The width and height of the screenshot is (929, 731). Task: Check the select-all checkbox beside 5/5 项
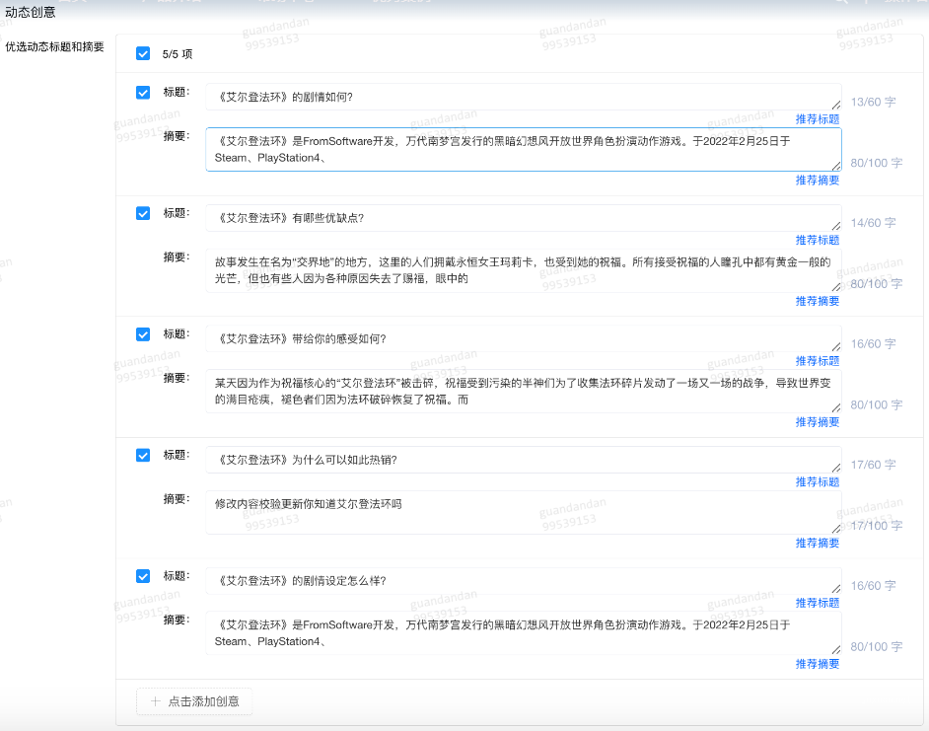(143, 53)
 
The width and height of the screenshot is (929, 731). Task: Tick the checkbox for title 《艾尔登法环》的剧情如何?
(143, 92)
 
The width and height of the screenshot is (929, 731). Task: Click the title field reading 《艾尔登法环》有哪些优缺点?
(523, 218)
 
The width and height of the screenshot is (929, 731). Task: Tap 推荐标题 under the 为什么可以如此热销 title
(818, 482)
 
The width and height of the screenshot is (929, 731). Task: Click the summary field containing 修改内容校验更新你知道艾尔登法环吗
(523, 512)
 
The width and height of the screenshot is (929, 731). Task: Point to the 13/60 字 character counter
(873, 102)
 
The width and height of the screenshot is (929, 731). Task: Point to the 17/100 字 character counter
(876, 526)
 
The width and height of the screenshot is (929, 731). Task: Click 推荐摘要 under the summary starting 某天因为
(818, 422)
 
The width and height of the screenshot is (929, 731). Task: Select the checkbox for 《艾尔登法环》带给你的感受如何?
(143, 334)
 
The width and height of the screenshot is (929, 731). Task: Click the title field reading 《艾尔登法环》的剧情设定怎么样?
(523, 581)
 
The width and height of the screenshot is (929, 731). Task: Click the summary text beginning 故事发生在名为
(523, 270)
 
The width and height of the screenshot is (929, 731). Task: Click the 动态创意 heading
(31, 13)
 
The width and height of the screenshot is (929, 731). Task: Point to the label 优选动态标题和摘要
(54, 46)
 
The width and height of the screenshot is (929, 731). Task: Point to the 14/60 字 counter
(873, 223)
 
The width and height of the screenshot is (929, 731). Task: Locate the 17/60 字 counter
(873, 465)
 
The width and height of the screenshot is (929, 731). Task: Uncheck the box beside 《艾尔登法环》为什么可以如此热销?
(143, 455)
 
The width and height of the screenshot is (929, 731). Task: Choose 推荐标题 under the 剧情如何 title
(818, 119)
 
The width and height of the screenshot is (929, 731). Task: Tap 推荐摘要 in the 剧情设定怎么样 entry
(818, 664)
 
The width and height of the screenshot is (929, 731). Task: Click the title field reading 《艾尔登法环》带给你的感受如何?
(523, 339)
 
